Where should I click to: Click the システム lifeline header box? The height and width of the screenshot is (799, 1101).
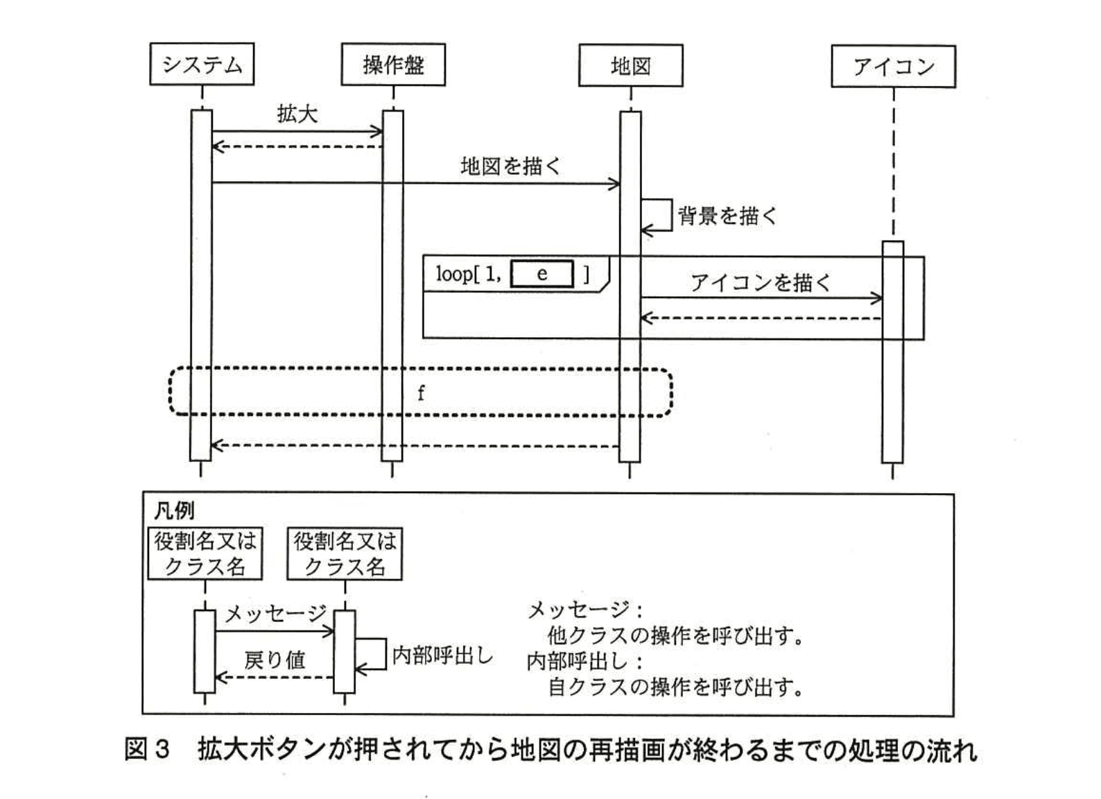click(202, 65)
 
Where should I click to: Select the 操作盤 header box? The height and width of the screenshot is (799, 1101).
click(393, 65)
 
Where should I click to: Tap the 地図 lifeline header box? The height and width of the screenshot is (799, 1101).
click(630, 66)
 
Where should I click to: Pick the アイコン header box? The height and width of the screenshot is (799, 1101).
click(893, 67)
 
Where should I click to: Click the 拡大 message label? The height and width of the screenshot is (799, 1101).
click(297, 114)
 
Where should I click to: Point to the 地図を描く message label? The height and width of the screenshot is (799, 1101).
click(510, 166)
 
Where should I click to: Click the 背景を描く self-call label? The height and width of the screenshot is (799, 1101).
click(727, 216)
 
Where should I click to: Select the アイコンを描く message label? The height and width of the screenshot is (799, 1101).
click(760, 282)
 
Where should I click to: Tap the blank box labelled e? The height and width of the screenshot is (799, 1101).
click(542, 274)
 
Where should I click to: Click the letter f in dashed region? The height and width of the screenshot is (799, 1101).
click(421, 393)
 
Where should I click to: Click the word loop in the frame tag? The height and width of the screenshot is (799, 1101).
click(454, 274)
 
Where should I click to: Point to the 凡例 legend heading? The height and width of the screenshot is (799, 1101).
click(173, 511)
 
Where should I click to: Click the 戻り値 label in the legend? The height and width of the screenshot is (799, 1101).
click(275, 660)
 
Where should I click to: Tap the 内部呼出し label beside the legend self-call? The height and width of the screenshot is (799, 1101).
click(442, 655)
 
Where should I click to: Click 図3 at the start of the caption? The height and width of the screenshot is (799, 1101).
click(147, 750)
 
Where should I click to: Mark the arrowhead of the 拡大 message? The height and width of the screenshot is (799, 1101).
click(378, 132)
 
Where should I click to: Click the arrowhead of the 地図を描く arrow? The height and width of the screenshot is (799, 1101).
click(615, 184)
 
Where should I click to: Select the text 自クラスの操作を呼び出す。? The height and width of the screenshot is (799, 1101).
click(675, 687)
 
